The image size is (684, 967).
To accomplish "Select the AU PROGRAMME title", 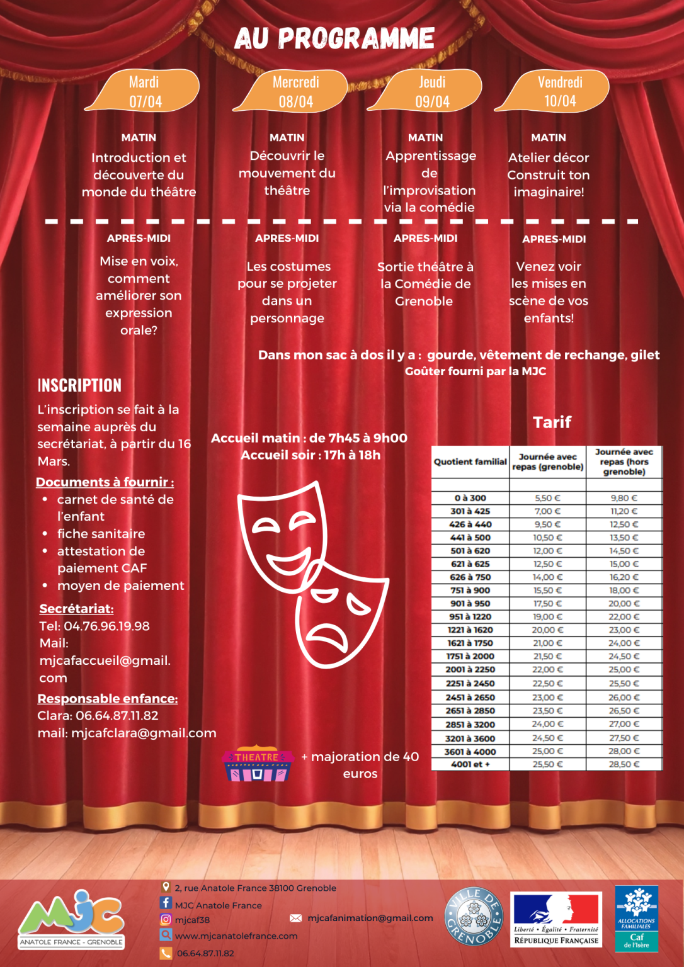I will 334,38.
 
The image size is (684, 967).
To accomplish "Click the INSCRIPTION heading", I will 79,385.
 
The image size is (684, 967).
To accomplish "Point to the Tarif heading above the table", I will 552,422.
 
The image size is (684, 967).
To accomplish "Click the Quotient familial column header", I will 470,461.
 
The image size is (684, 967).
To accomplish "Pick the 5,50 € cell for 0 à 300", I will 547,498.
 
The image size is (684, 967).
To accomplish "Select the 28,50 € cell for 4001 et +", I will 624,764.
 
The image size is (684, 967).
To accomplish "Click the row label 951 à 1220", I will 470,617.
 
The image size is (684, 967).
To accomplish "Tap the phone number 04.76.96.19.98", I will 106,626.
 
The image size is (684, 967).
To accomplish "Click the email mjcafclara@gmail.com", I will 144,733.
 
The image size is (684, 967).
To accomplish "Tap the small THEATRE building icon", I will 257,765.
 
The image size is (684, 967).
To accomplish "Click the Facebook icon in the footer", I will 166,903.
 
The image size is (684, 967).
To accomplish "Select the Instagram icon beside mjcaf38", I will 166,919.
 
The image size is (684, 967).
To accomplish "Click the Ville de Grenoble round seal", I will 474,917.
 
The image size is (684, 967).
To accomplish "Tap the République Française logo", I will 556,919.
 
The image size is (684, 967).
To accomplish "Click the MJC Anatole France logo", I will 71,919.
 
